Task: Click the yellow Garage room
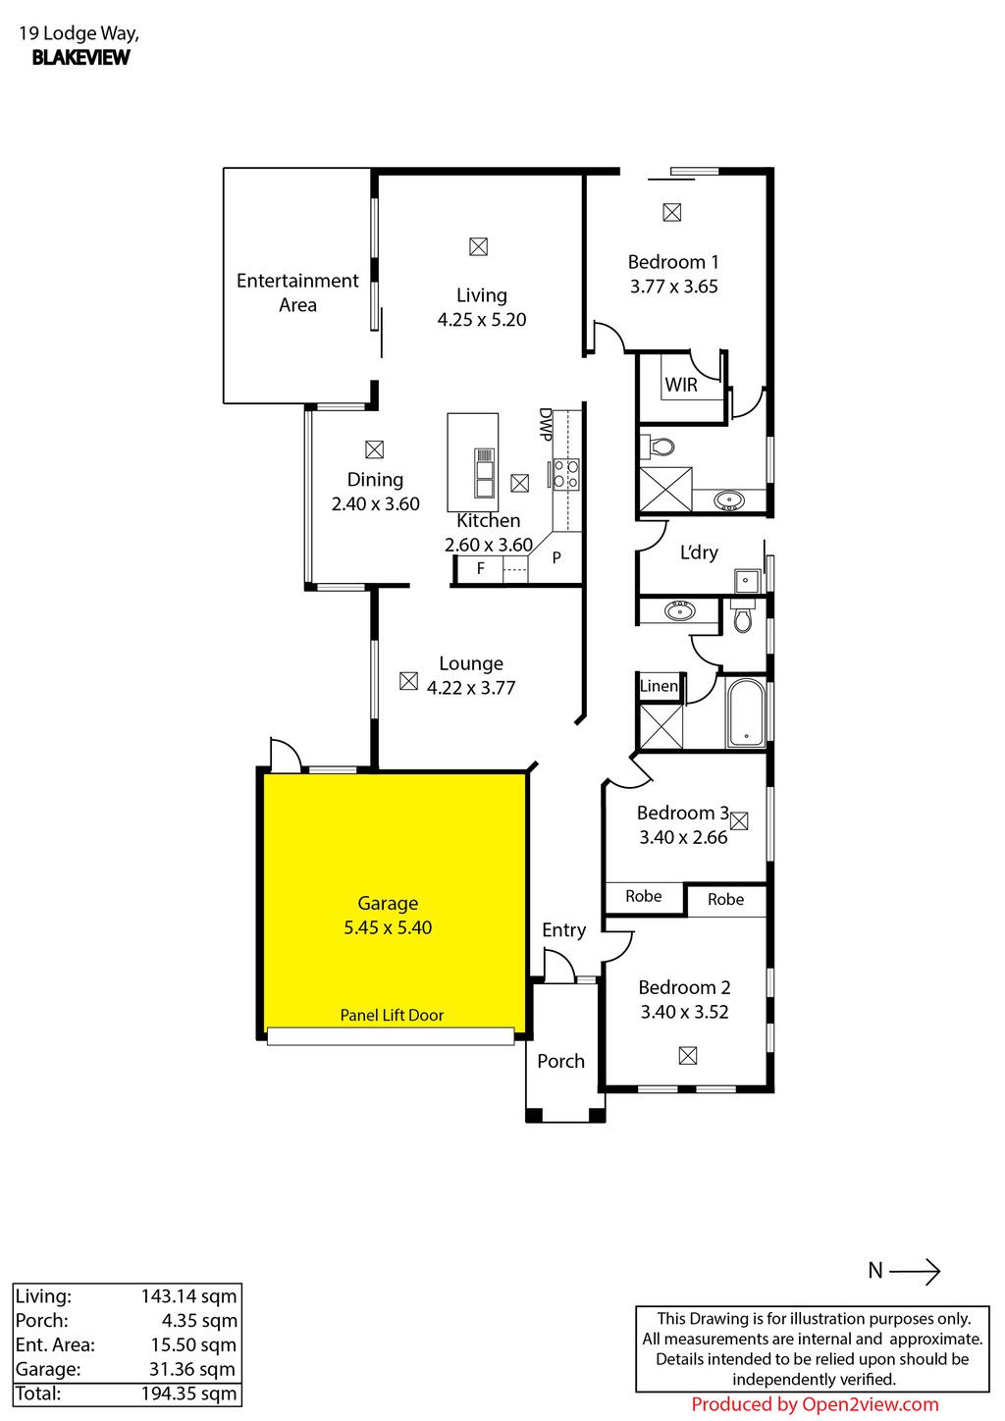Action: pyautogui.click(x=394, y=904)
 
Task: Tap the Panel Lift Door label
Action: pyautogui.click(x=392, y=1015)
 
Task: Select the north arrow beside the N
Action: pyautogui.click(x=915, y=1271)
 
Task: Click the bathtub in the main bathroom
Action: pyautogui.click(x=746, y=713)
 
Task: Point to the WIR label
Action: pyautogui.click(x=681, y=385)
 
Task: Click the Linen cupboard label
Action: pyautogui.click(x=659, y=686)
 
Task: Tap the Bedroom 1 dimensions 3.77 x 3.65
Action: pyautogui.click(x=674, y=287)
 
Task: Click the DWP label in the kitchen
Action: pyautogui.click(x=545, y=424)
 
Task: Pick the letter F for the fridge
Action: pyautogui.click(x=480, y=568)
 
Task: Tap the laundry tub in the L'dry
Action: pyautogui.click(x=747, y=580)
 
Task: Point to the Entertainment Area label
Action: pyautogui.click(x=297, y=292)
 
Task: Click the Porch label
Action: pyautogui.click(x=560, y=1061)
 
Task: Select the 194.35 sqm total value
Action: pyautogui.click(x=189, y=1394)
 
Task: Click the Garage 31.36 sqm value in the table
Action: pyautogui.click(x=192, y=1369)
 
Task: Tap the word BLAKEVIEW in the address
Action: pyautogui.click(x=80, y=57)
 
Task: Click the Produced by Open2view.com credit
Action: pyautogui.click(x=815, y=1404)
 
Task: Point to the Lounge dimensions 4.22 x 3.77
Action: pyautogui.click(x=471, y=688)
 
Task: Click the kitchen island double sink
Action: pyautogui.click(x=484, y=473)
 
